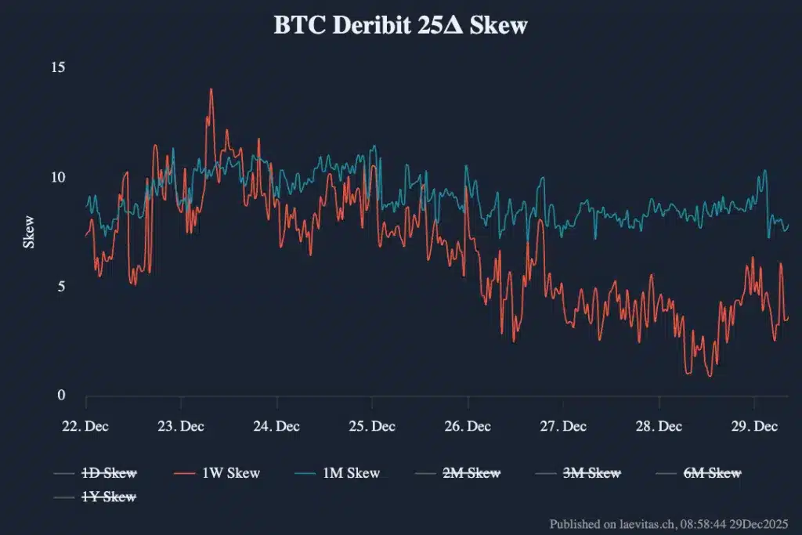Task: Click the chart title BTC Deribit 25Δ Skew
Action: (400, 26)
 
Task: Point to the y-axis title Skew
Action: (29, 232)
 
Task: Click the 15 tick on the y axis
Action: (58, 67)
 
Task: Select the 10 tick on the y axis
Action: (58, 177)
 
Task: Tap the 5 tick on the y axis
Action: (61, 287)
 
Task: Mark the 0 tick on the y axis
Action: (61, 396)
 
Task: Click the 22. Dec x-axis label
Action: (85, 426)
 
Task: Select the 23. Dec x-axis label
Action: (181, 426)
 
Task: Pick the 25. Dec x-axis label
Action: (372, 426)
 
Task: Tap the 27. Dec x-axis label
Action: (563, 426)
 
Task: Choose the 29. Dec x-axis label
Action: (754, 426)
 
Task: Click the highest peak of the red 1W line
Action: (211, 89)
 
